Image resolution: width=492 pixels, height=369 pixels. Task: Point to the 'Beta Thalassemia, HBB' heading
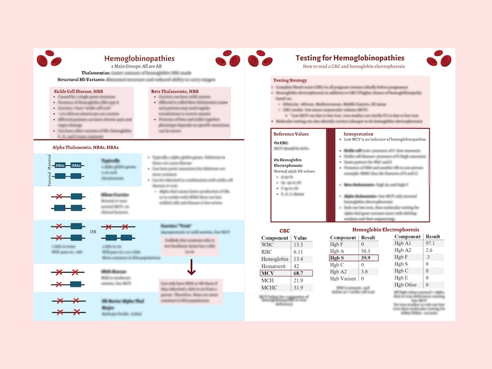coord(176,91)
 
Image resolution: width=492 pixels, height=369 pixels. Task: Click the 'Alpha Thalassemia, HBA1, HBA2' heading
coord(86,146)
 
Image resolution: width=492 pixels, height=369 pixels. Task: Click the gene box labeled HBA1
coord(60,165)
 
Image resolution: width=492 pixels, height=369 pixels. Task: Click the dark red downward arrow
coord(191,267)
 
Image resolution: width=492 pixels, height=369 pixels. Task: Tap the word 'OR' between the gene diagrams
coord(94,232)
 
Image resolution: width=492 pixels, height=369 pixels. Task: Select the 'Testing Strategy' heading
coord(290,80)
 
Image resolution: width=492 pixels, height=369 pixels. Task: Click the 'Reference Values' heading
coord(292,134)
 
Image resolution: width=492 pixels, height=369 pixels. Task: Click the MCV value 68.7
coord(301,272)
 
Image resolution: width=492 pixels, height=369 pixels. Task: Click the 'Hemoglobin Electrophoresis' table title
coord(385,230)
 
